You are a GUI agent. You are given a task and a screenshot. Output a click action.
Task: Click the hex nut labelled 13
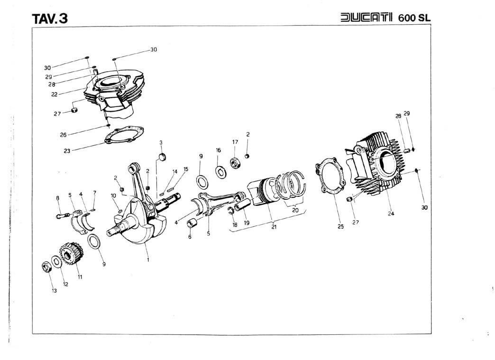click(x=47, y=267)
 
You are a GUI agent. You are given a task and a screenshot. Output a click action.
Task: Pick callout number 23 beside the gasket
click(x=67, y=151)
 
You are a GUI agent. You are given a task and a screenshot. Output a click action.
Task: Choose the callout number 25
click(x=340, y=227)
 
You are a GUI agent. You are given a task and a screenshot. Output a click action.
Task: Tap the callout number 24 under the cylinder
click(x=391, y=213)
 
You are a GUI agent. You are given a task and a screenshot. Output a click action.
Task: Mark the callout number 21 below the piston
click(x=274, y=227)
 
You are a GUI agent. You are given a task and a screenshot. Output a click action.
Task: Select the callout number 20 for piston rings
click(x=295, y=210)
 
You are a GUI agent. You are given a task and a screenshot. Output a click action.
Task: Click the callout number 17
click(x=235, y=142)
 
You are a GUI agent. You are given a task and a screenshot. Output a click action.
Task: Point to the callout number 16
click(x=218, y=150)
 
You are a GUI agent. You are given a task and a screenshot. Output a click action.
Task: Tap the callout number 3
click(x=161, y=142)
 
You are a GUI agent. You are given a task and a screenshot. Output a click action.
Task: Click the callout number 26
click(x=63, y=135)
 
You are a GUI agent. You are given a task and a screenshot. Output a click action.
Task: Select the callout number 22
click(x=55, y=94)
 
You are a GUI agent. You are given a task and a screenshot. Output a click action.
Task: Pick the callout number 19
click(x=247, y=223)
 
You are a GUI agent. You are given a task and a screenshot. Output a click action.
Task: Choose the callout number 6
click(x=190, y=237)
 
